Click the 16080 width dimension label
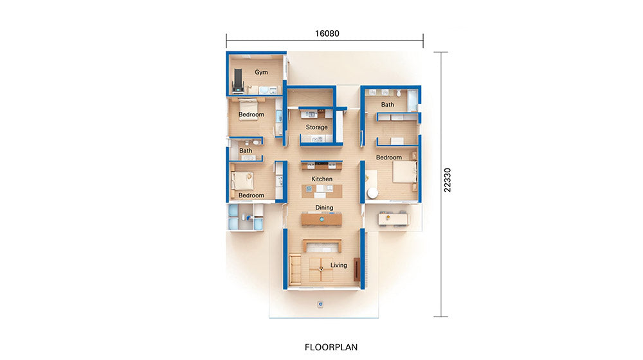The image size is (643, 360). click(x=327, y=33)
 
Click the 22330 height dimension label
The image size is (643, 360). click(x=447, y=180)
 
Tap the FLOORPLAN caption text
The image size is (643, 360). click(x=331, y=347)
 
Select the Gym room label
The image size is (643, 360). click(x=261, y=72)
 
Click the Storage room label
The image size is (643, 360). click(x=316, y=127)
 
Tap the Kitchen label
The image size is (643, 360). click(x=322, y=179)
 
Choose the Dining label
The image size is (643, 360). click(x=324, y=208)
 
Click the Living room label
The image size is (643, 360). click(x=339, y=265)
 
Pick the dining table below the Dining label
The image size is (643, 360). click(x=321, y=219)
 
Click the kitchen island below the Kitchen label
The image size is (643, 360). click(x=322, y=191)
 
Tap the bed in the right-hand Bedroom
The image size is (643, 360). click(x=404, y=172)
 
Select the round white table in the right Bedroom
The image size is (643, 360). click(x=372, y=193)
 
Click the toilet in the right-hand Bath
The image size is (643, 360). click(x=399, y=93)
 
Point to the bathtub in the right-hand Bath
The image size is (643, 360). click(x=412, y=100)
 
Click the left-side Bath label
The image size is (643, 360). click(x=246, y=150)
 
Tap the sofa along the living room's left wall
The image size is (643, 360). click(x=295, y=270)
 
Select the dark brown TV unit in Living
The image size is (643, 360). click(x=357, y=269)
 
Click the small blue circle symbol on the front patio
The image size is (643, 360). click(x=320, y=304)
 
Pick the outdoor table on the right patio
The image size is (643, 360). click(x=394, y=219)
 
